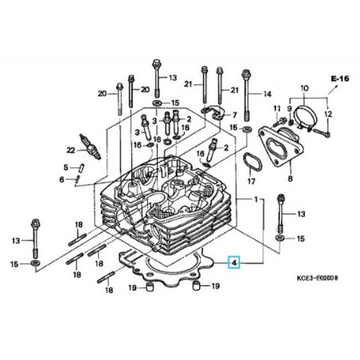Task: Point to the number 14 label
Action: [267, 94]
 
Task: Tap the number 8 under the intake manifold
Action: [290, 180]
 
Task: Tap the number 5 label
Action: [67, 166]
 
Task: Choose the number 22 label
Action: [70, 149]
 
